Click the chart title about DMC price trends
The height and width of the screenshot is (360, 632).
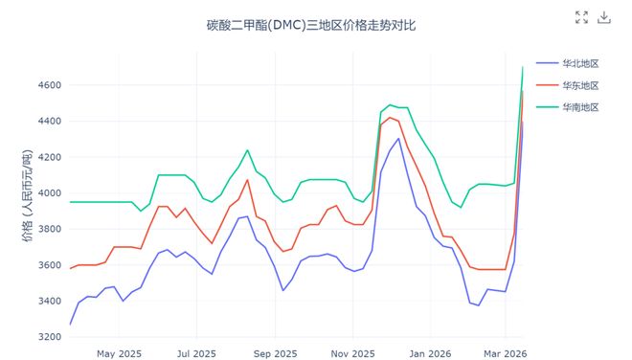(311, 25)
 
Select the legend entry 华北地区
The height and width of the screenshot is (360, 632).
(580, 63)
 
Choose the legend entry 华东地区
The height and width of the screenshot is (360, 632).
(580, 85)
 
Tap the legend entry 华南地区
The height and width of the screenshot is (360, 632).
(580, 107)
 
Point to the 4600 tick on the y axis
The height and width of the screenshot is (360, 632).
(49, 85)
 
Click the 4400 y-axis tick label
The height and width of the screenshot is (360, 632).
(49, 122)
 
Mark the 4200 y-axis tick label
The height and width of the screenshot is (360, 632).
(49, 157)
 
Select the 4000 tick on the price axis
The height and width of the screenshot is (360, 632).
(49, 193)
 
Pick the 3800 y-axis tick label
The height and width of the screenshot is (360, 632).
(49, 229)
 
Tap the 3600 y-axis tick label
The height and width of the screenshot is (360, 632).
(49, 265)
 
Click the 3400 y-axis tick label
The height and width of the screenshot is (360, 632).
(49, 301)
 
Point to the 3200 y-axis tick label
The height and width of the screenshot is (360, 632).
(49, 337)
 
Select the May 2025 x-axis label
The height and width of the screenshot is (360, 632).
(119, 353)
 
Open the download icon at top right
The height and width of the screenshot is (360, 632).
(604, 17)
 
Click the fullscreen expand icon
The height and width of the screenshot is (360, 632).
(581, 17)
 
